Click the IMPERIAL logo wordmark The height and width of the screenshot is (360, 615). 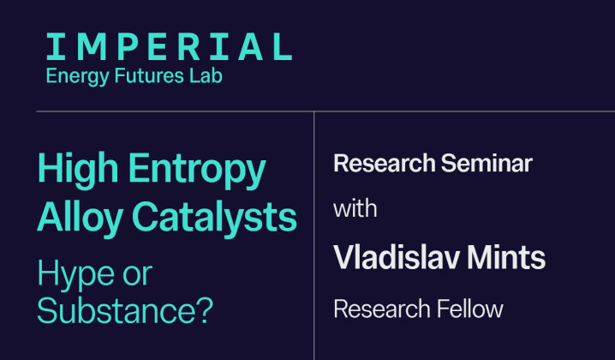(168, 46)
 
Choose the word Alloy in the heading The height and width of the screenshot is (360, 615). (76, 218)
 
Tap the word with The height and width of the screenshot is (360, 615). (355, 208)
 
